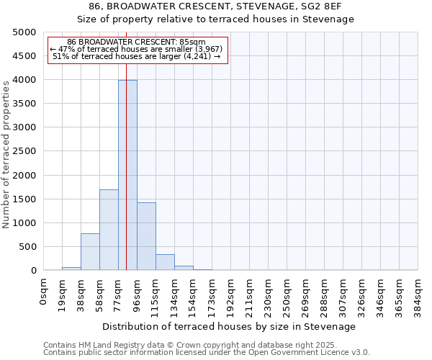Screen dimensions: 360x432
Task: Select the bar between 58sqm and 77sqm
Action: pyautogui.click(x=109, y=230)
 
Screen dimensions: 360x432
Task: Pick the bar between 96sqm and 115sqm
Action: pyautogui.click(x=146, y=236)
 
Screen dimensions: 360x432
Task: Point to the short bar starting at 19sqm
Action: pyautogui.click(x=71, y=269)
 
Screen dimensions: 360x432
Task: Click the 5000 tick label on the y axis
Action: pyautogui.click(x=24, y=32)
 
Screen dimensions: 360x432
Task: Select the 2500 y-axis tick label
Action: pyautogui.click(x=24, y=151)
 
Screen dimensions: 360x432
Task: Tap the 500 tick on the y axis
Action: pyautogui.click(x=27, y=247)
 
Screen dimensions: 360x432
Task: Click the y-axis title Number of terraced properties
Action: pyautogui.click(x=6, y=154)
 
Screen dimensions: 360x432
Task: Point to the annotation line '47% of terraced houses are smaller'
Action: pyautogui.click(x=136, y=49)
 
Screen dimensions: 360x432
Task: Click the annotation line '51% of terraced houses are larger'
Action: pyautogui.click(x=136, y=56)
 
